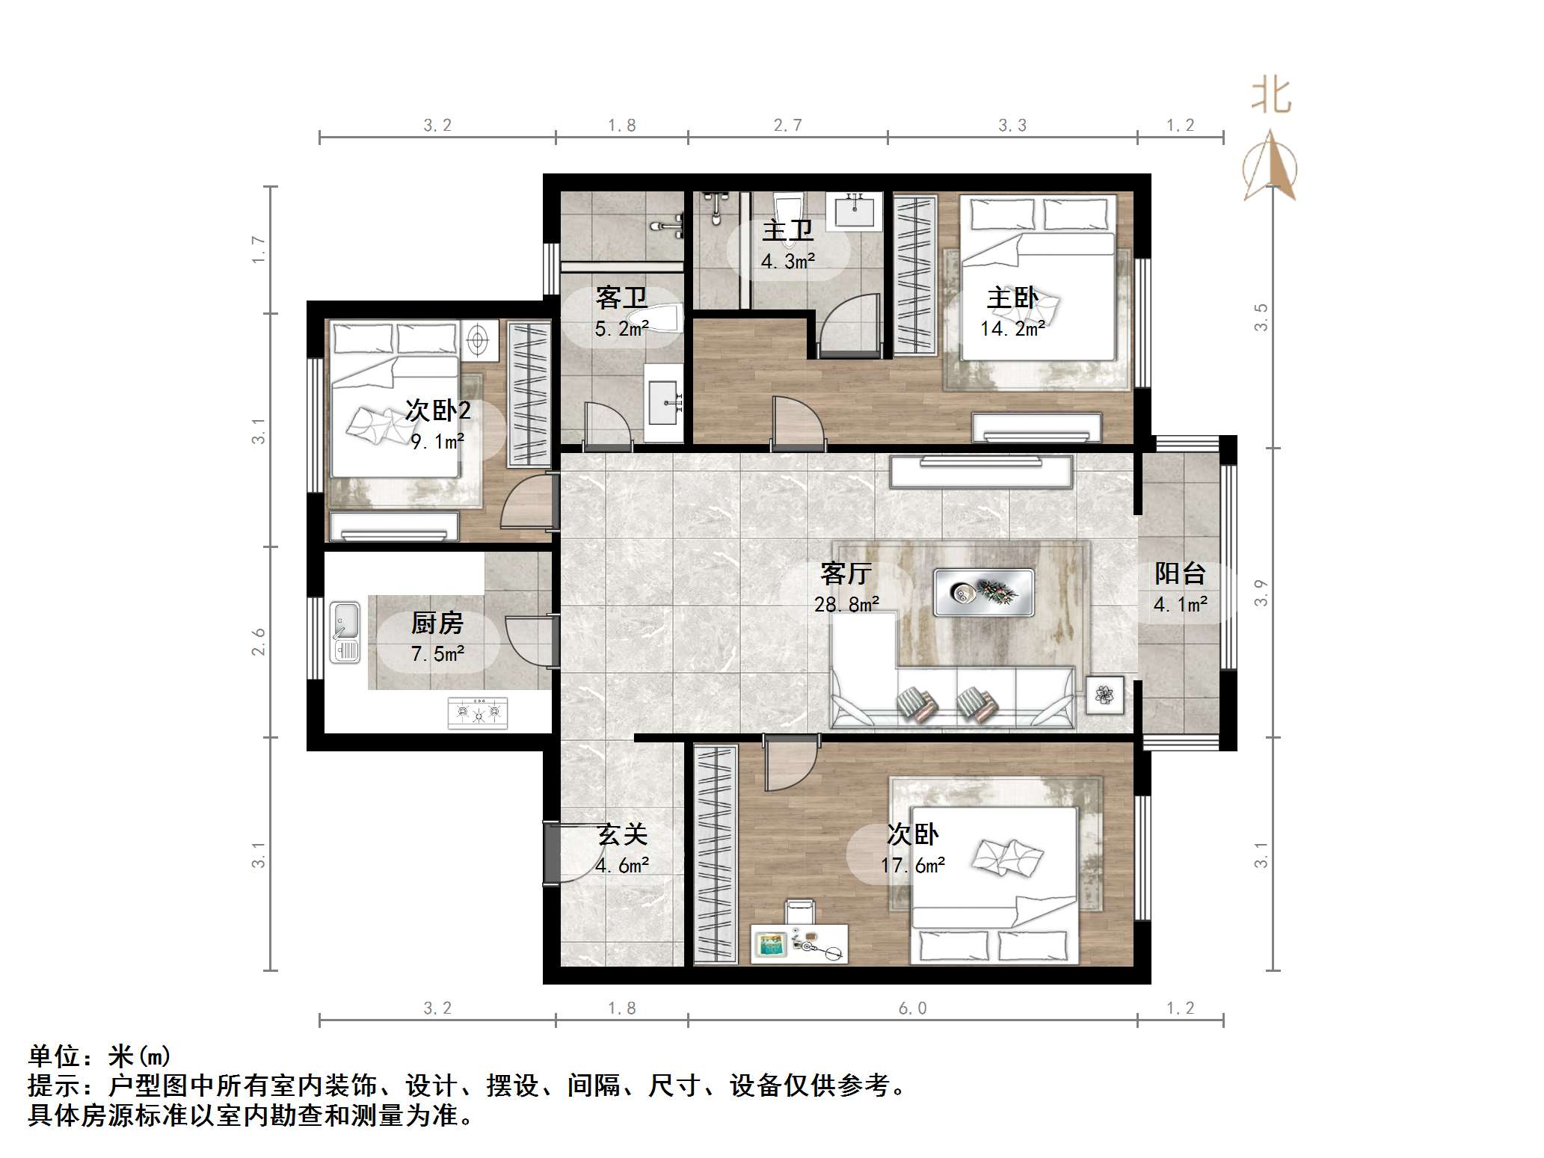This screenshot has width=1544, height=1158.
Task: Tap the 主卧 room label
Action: tap(1012, 298)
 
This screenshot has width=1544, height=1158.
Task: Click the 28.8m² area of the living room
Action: tap(846, 604)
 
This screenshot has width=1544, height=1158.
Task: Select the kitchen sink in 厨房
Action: tap(345, 632)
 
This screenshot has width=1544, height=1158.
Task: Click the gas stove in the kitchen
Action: tap(477, 713)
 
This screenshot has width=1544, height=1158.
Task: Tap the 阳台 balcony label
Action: tap(1180, 573)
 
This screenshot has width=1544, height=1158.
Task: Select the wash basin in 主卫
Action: tap(855, 209)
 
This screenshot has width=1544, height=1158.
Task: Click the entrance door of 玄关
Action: tap(551, 853)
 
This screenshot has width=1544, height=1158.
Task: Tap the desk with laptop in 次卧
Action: tap(799, 944)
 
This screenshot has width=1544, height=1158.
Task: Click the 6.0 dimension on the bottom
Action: tap(912, 1008)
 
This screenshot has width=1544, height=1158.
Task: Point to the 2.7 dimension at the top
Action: tap(787, 126)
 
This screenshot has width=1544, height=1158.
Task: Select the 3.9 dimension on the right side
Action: tap(1261, 592)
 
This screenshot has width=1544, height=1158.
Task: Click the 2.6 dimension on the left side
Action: tap(258, 641)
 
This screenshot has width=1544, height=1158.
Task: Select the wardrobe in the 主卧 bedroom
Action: tap(915, 274)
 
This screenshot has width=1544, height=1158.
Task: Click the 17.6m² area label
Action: tap(912, 866)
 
